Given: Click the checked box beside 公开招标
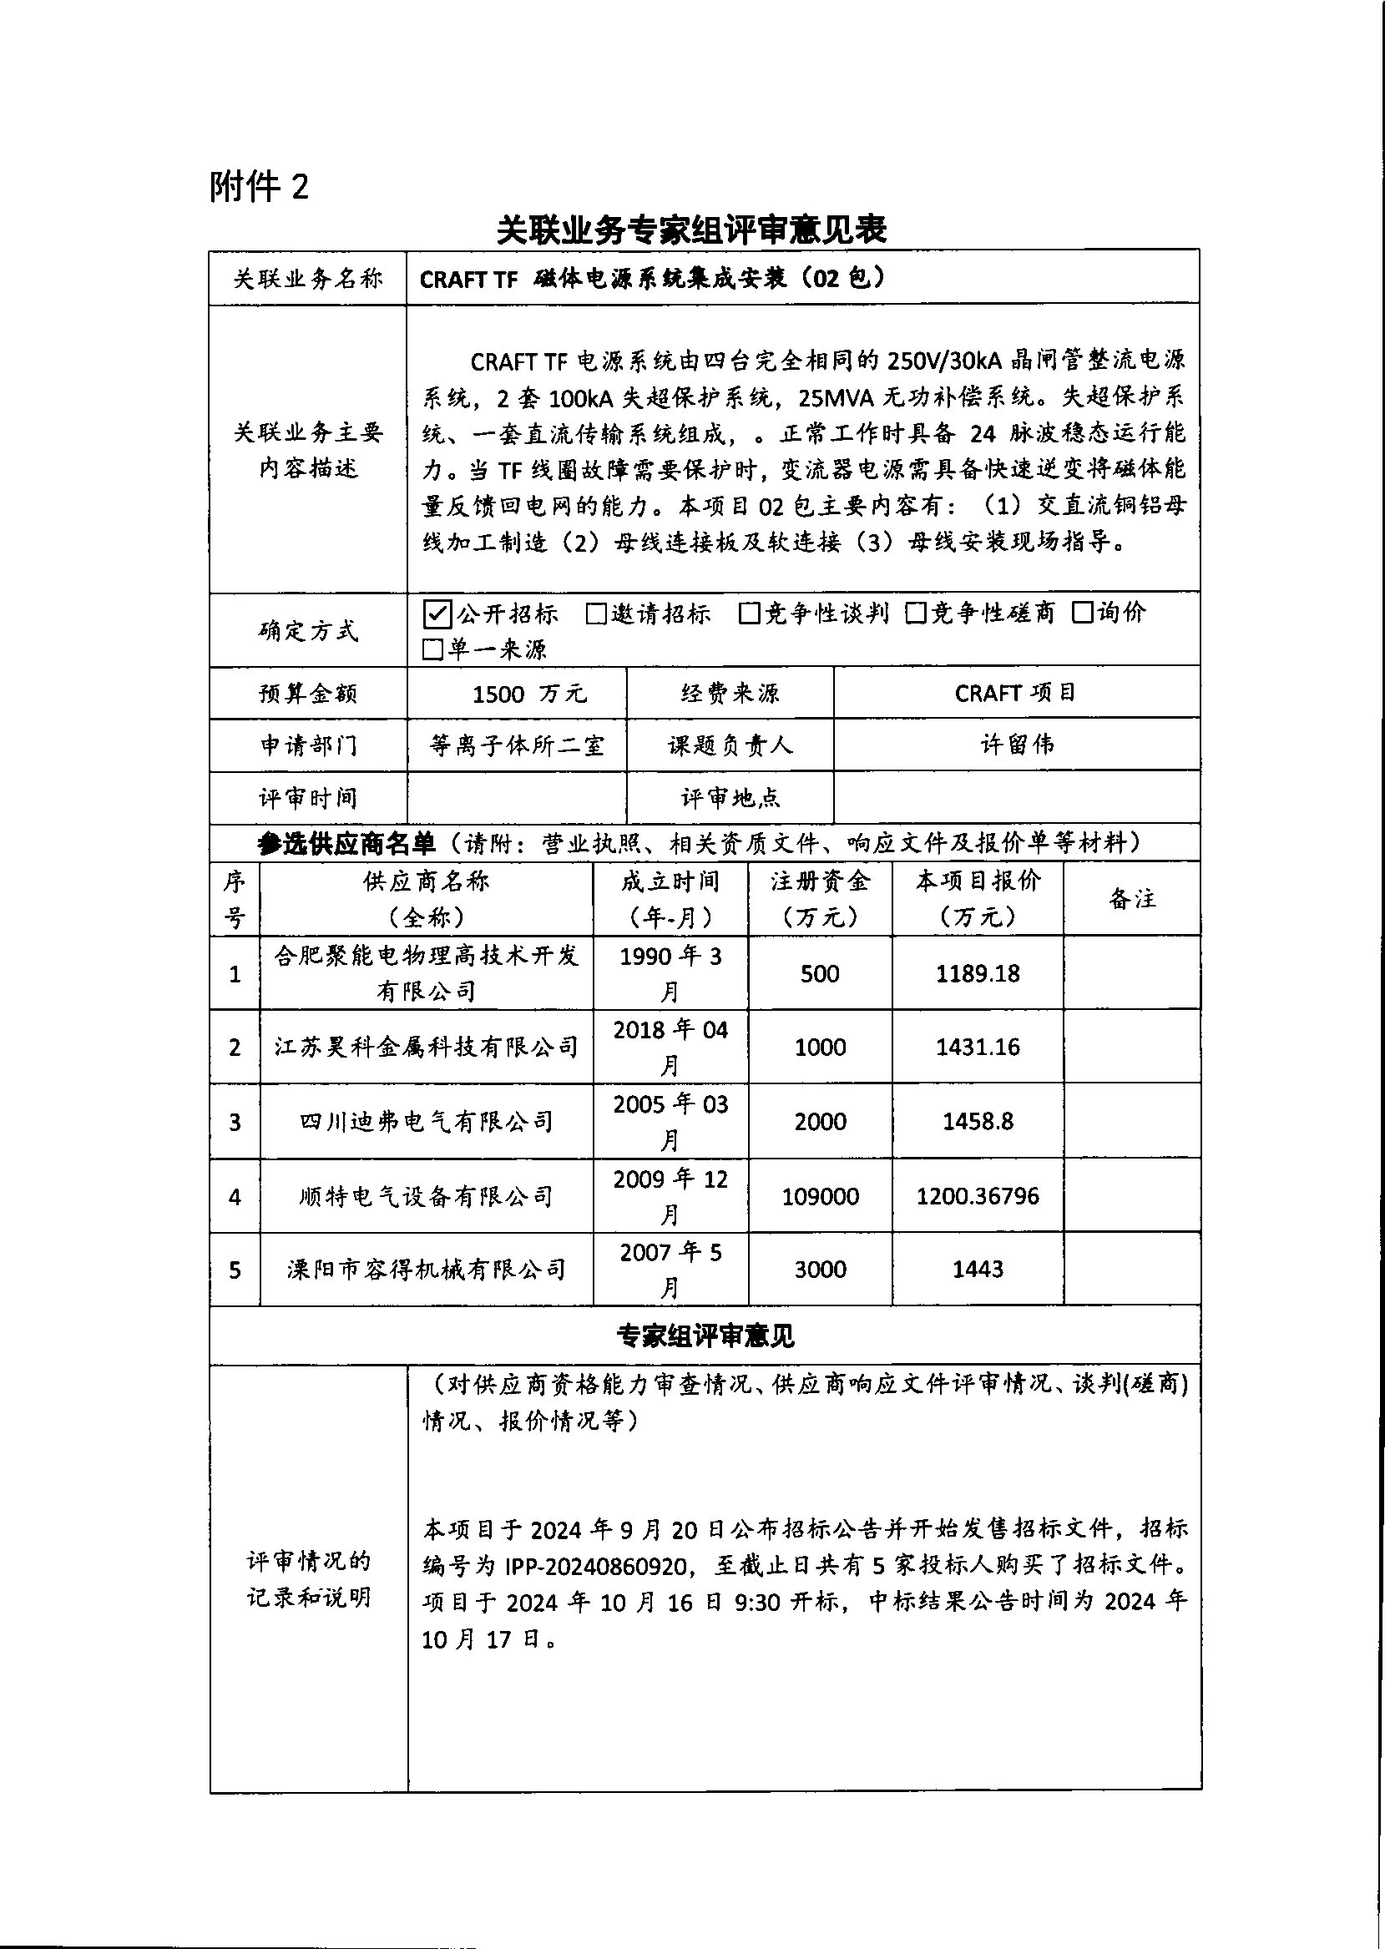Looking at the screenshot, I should click(x=437, y=613).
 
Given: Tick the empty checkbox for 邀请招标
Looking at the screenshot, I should click(x=596, y=613).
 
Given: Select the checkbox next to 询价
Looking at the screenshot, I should click(x=1082, y=613).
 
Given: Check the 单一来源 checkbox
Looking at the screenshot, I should click(x=433, y=650).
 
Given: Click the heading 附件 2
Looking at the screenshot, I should click(x=259, y=187).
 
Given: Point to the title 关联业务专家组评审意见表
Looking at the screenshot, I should click(x=691, y=230).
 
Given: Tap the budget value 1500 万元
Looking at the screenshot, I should click(x=528, y=694).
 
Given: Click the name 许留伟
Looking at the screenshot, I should click(x=1017, y=745).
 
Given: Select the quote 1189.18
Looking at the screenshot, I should click(x=978, y=973).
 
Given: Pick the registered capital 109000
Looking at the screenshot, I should click(x=820, y=1196).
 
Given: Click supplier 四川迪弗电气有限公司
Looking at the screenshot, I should click(x=427, y=1122).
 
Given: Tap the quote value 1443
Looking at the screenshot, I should click(x=978, y=1270).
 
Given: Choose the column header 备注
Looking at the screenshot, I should click(x=1132, y=899).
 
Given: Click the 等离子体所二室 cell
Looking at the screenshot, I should click(x=517, y=746).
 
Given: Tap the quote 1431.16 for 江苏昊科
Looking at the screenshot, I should click(x=978, y=1047).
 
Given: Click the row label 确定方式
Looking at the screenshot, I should click(x=308, y=631).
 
